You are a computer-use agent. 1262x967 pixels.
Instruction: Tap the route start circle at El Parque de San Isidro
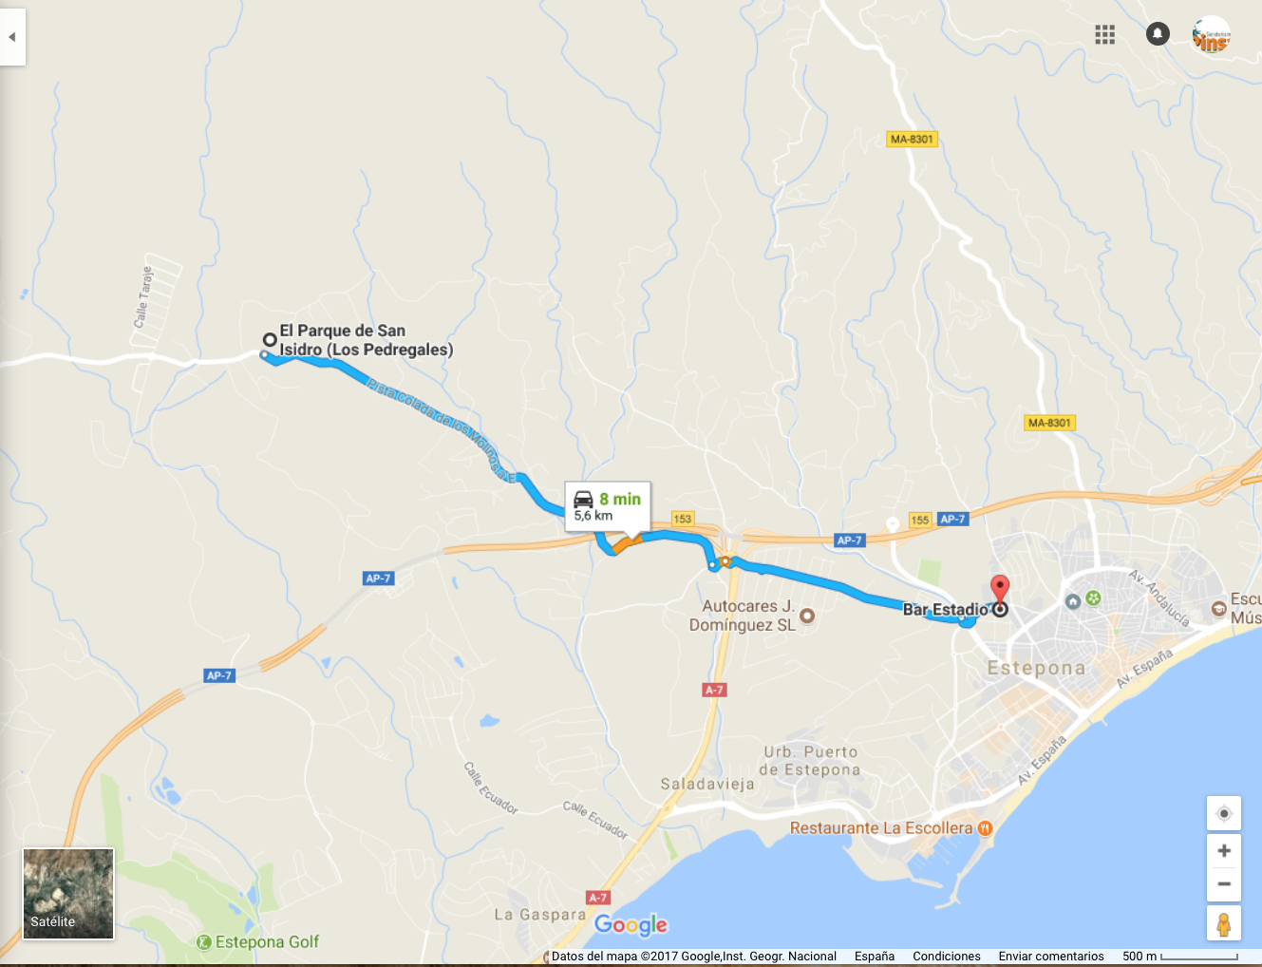click(270, 339)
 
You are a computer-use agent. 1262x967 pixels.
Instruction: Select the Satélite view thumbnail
click(68, 894)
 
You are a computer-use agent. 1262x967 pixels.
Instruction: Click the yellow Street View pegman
click(1224, 923)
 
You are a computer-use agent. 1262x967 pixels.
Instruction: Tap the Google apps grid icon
click(1104, 35)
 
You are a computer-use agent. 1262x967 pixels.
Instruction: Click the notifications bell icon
click(1158, 34)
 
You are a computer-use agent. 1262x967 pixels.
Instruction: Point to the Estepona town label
click(1036, 668)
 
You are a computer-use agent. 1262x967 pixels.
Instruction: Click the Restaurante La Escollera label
click(881, 828)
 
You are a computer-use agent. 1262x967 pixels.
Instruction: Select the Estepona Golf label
click(267, 941)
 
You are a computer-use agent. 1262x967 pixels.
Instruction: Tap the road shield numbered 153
click(682, 519)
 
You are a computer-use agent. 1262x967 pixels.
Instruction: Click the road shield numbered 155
click(919, 520)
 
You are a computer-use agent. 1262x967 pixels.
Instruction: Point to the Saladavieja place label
click(707, 784)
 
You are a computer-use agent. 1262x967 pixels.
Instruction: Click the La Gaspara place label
click(539, 915)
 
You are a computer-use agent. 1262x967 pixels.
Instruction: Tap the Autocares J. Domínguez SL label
click(744, 616)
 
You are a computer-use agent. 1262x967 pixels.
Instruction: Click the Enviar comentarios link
click(1050, 957)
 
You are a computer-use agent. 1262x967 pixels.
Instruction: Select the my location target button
click(1224, 813)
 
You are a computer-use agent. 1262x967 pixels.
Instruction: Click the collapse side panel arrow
click(12, 37)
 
